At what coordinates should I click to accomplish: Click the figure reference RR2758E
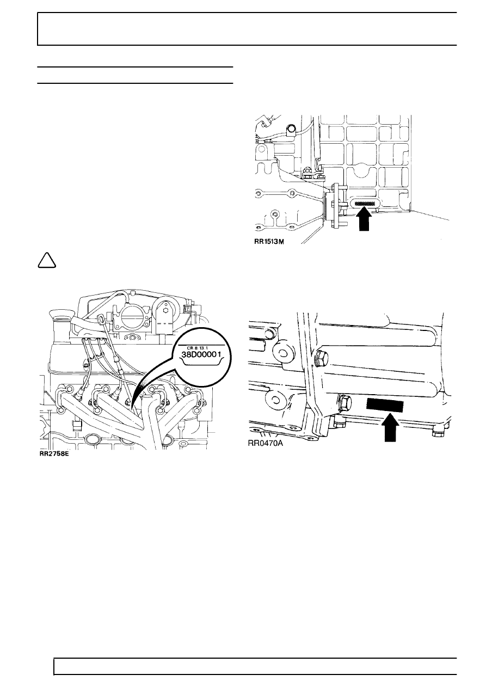tap(54, 453)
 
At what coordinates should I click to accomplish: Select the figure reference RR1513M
tap(269, 242)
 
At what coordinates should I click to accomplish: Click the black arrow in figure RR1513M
tap(364, 219)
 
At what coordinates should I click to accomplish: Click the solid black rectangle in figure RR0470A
tap(385, 406)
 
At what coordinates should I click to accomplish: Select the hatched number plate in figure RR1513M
tap(365, 203)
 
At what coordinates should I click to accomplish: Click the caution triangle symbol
tap(47, 261)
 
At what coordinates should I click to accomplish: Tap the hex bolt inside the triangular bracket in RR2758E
tap(165, 310)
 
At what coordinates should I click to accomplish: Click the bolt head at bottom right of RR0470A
tap(436, 434)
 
